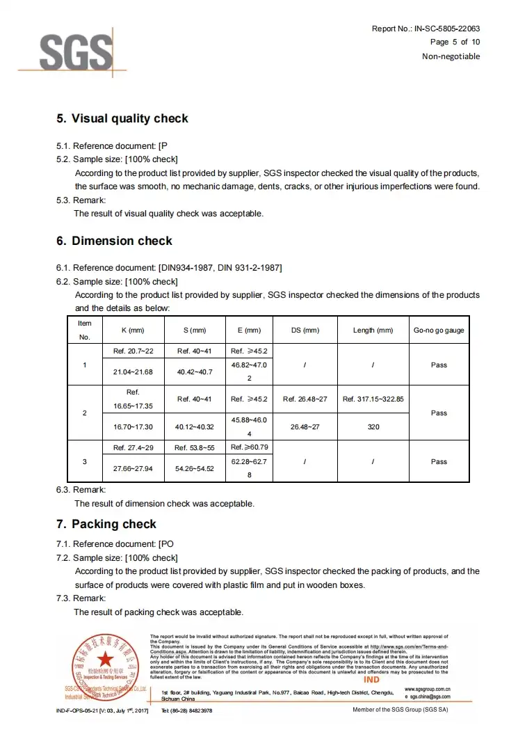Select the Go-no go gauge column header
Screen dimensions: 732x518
click(439, 330)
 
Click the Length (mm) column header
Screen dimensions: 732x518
click(373, 330)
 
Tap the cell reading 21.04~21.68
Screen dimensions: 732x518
click(133, 372)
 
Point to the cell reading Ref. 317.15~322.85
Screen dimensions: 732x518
click(373, 399)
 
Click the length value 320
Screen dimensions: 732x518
click(373, 427)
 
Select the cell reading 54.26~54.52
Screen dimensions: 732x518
click(195, 468)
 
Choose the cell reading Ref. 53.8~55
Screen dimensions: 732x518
click(195, 447)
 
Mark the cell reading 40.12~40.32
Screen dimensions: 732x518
click(195, 427)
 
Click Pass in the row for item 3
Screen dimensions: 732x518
click(439, 461)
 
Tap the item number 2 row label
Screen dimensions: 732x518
click(85, 413)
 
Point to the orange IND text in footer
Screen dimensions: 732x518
click(372, 679)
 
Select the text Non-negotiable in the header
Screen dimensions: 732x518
click(451, 56)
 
